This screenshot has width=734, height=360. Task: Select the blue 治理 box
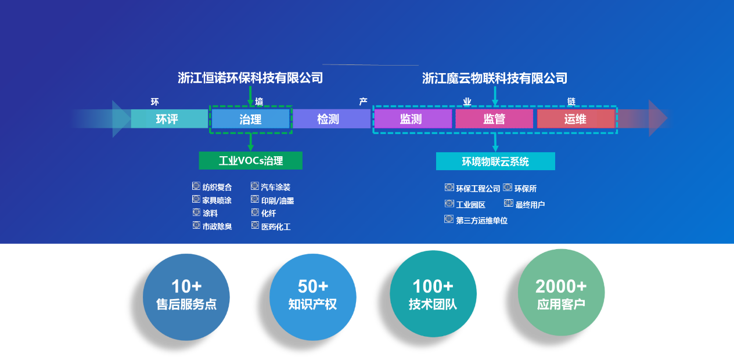point(250,119)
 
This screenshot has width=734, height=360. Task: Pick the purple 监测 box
point(413,119)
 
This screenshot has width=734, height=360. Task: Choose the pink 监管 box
point(494,119)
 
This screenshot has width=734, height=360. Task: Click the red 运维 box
point(575,119)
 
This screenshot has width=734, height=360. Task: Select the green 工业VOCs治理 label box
point(250,161)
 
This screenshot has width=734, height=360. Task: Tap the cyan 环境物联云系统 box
point(495,161)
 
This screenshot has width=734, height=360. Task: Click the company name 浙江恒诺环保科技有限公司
point(250,78)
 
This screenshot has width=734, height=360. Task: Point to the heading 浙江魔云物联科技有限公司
point(495,78)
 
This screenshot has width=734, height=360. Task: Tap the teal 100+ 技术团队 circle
point(433,294)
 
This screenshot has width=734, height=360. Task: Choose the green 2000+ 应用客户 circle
point(561,294)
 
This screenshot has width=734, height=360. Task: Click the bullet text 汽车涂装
point(275,187)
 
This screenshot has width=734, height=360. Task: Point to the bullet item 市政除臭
point(217,226)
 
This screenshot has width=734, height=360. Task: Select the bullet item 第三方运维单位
point(481,221)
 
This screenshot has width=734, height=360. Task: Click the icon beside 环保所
point(508,188)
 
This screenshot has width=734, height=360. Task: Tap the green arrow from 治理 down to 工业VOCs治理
point(250,142)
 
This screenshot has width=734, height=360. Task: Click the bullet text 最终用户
point(530,204)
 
